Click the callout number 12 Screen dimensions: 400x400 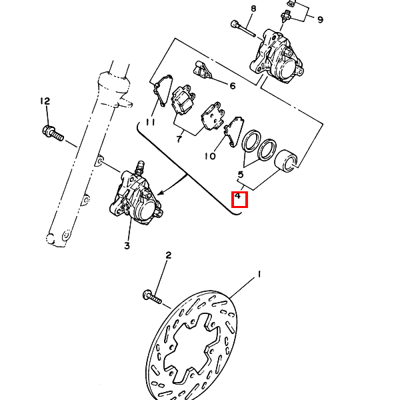45,101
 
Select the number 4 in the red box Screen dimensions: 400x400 238,197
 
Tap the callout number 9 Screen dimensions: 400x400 320,19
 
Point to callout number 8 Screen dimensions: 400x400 253,9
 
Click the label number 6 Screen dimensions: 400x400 233,86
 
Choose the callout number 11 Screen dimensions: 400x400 150,123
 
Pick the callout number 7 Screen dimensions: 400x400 179,139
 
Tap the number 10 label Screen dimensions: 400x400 210,156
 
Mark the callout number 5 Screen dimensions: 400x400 241,175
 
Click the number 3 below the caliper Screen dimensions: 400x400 127,245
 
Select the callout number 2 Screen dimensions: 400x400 169,255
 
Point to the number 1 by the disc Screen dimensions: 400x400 259,275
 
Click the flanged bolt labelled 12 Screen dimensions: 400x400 53,133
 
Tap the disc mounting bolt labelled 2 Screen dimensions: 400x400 152,297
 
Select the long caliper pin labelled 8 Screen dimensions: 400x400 243,29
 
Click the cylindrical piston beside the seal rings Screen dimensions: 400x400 286,161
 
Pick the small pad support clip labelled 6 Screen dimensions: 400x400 203,69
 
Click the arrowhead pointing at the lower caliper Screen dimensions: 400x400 161,193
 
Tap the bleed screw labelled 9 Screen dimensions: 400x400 285,16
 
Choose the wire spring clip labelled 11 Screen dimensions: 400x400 163,90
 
